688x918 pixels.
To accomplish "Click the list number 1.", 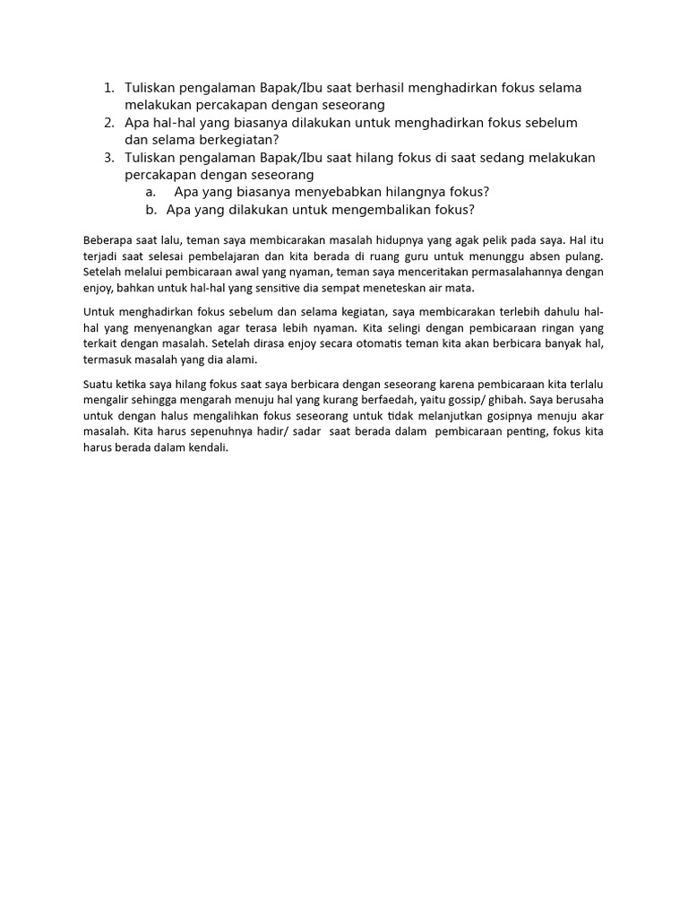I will tap(108, 88).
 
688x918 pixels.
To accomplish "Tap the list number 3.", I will tap(108, 158).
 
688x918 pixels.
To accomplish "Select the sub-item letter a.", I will tap(150, 193).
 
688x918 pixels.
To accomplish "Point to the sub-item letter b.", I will tap(150, 210).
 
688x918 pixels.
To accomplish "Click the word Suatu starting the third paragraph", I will tap(98, 384).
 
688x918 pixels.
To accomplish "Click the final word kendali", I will tap(210, 448).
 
